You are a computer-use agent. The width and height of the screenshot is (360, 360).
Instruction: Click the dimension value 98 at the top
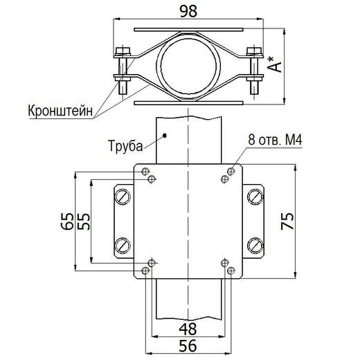coord(188,11)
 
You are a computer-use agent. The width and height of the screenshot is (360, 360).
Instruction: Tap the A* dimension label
coord(275,64)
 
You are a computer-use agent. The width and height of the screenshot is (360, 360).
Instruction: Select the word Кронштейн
coord(60,111)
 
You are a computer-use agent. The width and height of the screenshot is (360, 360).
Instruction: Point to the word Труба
coord(126,146)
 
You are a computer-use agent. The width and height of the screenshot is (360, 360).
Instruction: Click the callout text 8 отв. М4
coord(275,140)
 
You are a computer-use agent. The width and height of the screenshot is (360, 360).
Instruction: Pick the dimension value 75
coord(287,222)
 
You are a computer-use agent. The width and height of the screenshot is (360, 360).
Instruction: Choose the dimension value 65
coord(66,222)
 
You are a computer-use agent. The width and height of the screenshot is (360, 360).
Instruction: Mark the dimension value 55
coord(83,222)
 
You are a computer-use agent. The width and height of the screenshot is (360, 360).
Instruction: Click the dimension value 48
coord(188,329)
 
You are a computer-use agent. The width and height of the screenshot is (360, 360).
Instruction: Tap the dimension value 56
coord(188,345)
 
